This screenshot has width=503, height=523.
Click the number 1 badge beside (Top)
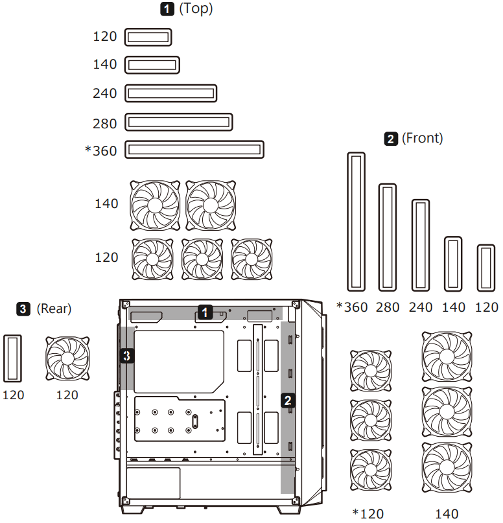[x=167, y=9]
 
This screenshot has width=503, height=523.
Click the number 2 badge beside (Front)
[x=392, y=138]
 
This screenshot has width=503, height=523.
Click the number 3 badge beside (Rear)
[x=24, y=308]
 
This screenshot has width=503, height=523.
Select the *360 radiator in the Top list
[x=194, y=150]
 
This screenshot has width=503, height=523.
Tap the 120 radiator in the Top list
[x=148, y=37]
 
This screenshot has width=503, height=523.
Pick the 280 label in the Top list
[x=105, y=123]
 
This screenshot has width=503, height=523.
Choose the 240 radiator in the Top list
[x=170, y=93]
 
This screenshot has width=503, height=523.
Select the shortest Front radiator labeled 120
[x=486, y=268]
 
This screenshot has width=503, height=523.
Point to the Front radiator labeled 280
[x=388, y=237]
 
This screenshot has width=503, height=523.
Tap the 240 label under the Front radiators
[x=421, y=307]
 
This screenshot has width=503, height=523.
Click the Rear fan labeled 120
[x=67, y=358]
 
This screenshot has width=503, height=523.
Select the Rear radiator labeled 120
[x=13, y=358]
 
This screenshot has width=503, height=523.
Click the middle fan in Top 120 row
[x=202, y=259]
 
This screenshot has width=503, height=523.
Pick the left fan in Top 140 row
[x=154, y=205]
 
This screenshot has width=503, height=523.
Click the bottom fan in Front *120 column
[x=371, y=470]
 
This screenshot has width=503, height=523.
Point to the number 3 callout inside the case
[x=128, y=355]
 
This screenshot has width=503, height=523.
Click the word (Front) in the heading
[x=422, y=138]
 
